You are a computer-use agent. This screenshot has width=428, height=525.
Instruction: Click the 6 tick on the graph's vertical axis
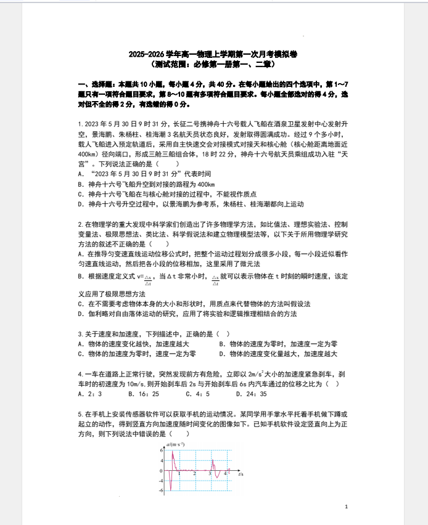pyautogui.click(x=162, y=450)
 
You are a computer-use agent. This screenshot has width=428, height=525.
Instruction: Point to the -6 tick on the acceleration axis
pyautogui.click(x=161, y=490)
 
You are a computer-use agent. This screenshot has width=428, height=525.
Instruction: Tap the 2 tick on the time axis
pyautogui.click(x=194, y=474)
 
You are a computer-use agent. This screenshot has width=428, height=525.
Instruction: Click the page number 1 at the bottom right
pyautogui.click(x=347, y=507)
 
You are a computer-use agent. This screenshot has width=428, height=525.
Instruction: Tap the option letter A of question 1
pyautogui.click(x=81, y=174)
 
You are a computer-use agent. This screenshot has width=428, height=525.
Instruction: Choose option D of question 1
pyautogui.click(x=81, y=204)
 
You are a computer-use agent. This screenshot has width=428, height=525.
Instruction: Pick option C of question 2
pyautogui.click(x=81, y=304)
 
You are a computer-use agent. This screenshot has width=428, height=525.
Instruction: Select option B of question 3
pyautogui.click(x=221, y=344)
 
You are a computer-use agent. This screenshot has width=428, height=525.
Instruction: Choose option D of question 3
pyautogui.click(x=221, y=354)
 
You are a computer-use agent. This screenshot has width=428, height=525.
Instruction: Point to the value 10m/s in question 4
pyautogui.click(x=134, y=384)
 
